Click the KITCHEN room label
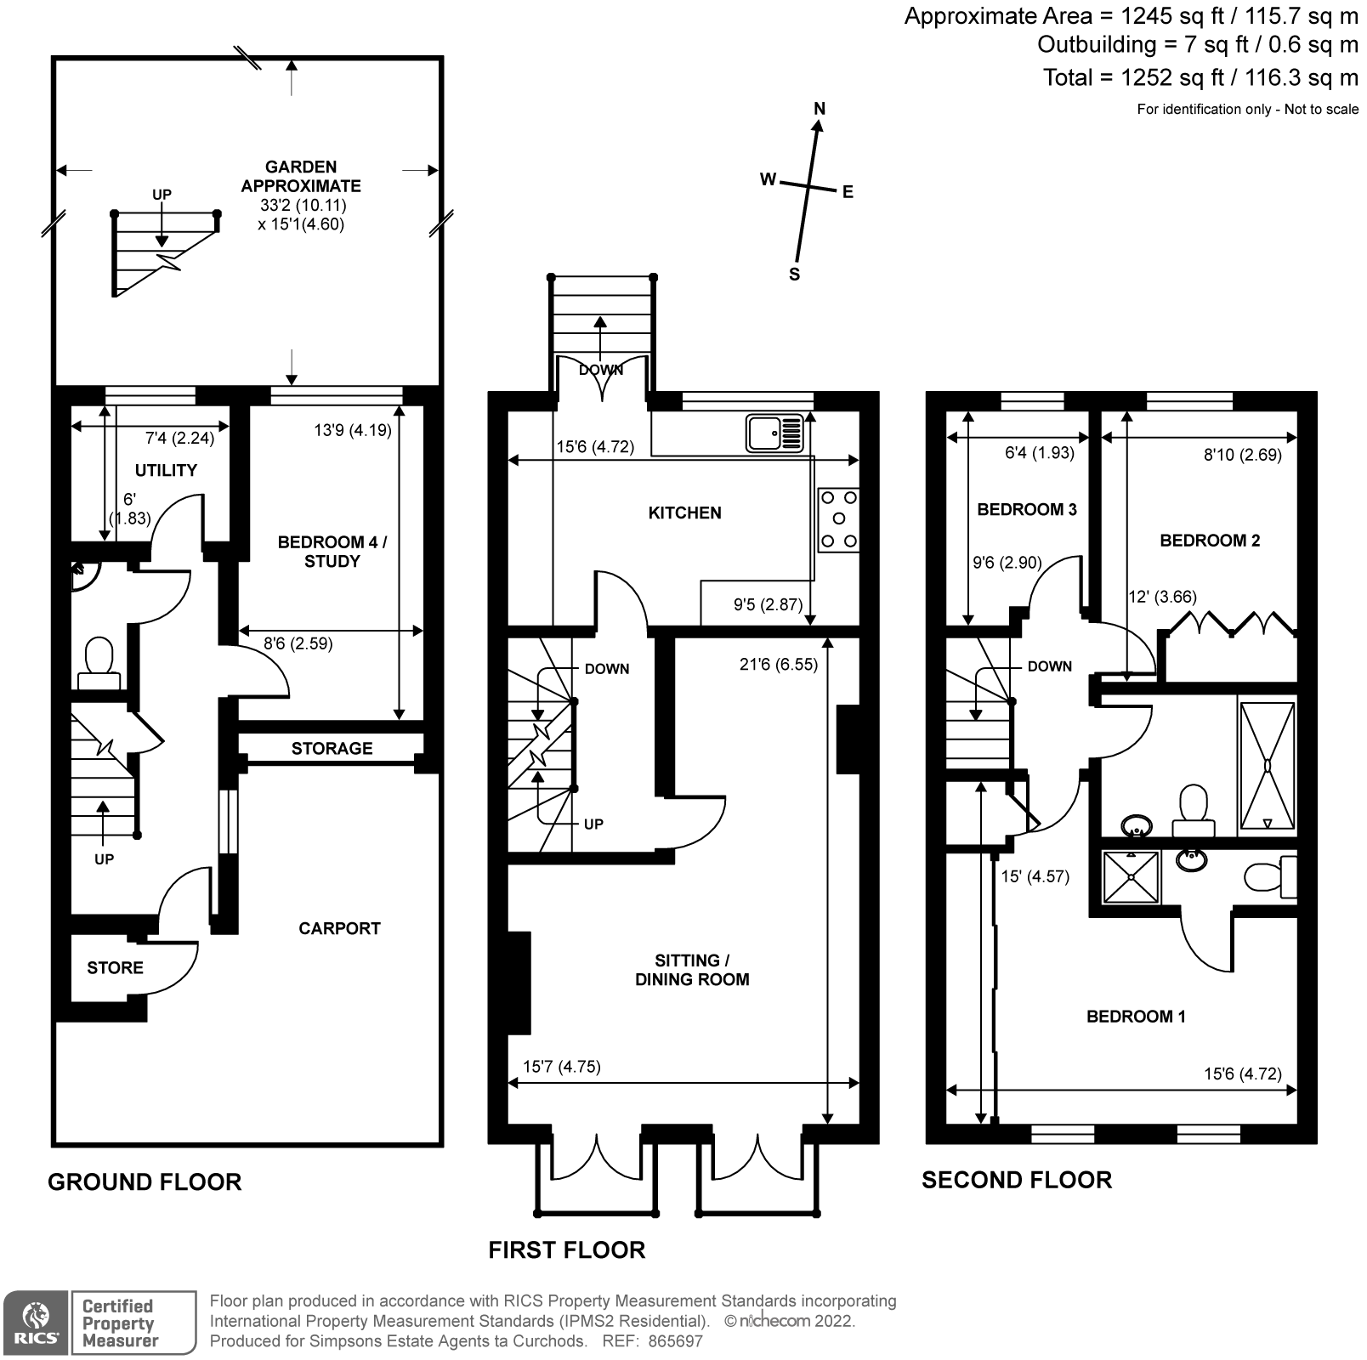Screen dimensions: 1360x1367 tap(684, 513)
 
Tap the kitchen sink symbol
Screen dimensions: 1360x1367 tap(774, 433)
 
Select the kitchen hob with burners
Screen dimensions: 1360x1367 tap(838, 519)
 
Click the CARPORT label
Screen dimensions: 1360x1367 tap(339, 928)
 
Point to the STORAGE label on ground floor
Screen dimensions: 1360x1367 tap(332, 748)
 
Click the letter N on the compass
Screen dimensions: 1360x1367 tap(820, 108)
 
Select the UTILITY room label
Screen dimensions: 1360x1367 tap(166, 470)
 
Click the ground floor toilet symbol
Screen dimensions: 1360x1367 tap(99, 664)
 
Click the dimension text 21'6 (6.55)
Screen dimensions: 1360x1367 tap(778, 664)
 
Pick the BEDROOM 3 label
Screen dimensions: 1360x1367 tap(1026, 509)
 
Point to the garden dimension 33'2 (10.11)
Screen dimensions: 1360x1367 tap(303, 205)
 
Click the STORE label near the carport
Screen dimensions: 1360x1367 tap(115, 967)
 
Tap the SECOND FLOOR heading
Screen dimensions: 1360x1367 tap(1017, 1180)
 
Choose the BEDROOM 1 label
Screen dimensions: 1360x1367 tap(1136, 1016)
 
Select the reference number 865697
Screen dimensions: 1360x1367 tap(675, 1341)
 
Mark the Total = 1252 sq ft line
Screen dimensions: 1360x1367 tap(1200, 77)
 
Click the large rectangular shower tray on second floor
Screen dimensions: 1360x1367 tap(1268, 765)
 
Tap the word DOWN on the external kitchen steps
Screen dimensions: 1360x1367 tap(601, 370)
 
